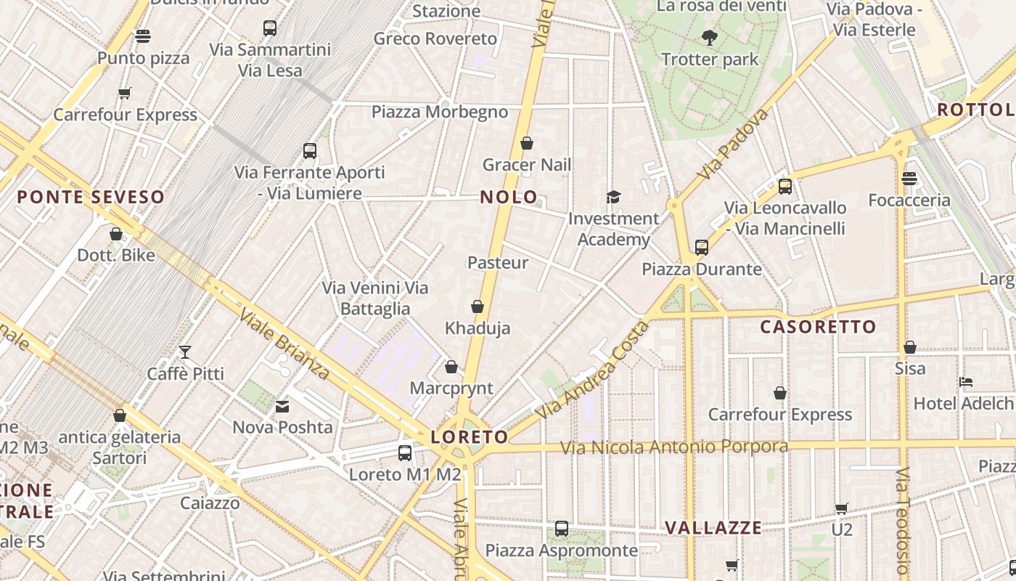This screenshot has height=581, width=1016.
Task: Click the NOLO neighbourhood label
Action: tap(509, 197)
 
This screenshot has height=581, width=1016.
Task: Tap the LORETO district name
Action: tap(470, 437)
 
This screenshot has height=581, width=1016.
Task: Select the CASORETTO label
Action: tap(818, 327)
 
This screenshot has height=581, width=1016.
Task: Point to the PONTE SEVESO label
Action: tap(91, 197)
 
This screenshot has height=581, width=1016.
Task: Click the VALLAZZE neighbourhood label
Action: tap(713, 528)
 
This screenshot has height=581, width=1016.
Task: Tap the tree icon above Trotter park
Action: tap(710, 37)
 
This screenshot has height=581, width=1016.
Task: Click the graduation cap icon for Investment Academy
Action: tap(613, 198)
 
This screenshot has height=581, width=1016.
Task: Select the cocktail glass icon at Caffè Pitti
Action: tap(185, 352)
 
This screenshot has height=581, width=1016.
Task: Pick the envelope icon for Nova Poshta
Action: tap(282, 407)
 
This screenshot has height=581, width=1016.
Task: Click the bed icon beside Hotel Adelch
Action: tap(965, 382)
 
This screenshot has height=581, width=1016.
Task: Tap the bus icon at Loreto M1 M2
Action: tap(405, 453)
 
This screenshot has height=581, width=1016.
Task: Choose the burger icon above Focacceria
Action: tap(909, 179)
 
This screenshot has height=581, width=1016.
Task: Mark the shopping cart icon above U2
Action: tap(841, 508)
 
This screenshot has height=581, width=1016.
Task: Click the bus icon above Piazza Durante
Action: tap(701, 248)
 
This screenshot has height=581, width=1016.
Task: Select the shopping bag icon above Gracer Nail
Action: tap(527, 144)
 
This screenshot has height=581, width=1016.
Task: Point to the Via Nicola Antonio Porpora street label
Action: tap(673, 446)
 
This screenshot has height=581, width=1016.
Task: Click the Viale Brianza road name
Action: tap(285, 346)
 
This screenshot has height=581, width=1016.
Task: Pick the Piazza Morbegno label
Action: tap(439, 112)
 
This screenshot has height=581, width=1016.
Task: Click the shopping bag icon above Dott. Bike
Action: tap(116, 234)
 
